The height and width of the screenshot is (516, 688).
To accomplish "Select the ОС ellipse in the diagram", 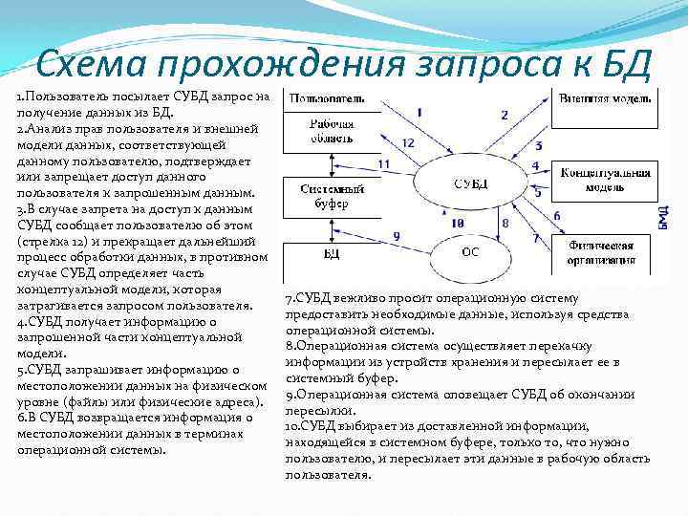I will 470,253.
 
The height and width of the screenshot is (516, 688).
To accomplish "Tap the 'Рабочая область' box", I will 332,130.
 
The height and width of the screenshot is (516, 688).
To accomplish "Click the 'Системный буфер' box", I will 331,195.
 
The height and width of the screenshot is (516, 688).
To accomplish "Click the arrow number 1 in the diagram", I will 421,112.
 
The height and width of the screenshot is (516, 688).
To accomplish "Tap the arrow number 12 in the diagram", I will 408,142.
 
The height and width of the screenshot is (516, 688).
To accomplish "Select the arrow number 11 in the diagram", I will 384,164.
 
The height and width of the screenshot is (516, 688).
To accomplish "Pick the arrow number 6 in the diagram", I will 556,215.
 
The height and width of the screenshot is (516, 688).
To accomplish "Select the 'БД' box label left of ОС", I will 329,253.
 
